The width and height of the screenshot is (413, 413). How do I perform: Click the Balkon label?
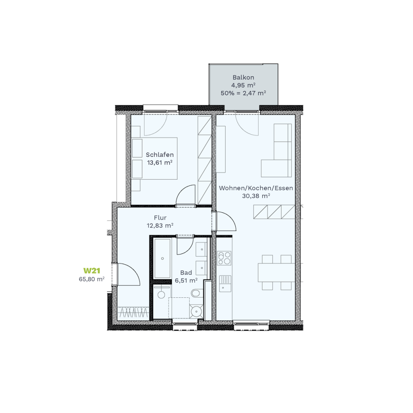pyautogui.click(x=243, y=78)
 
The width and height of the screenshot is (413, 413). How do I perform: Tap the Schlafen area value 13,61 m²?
pyautogui.click(x=159, y=162)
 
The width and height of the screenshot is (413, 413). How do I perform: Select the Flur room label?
pyautogui.click(x=160, y=218)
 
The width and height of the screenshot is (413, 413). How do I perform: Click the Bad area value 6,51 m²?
pyautogui.click(x=186, y=280)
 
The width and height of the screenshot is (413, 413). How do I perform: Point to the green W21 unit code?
pyautogui.click(x=92, y=271)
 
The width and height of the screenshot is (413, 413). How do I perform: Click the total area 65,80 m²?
pyautogui.click(x=92, y=279)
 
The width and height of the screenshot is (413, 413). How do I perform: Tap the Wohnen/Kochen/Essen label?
pyautogui.click(x=256, y=188)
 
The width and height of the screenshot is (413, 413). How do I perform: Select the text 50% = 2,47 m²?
pyautogui.click(x=243, y=93)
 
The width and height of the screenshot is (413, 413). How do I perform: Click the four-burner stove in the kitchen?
pyautogui.click(x=224, y=258)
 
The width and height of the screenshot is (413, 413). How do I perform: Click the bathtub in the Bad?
pyautogui.click(x=162, y=259)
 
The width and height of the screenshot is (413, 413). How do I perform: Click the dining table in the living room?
pyautogui.click(x=276, y=272)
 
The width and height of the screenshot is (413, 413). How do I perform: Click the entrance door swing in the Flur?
pyautogui.click(x=128, y=274)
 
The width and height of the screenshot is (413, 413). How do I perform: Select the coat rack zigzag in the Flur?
pyautogui.click(x=133, y=313)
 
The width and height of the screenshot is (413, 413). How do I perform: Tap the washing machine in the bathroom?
pyautogui.click(x=161, y=294)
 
